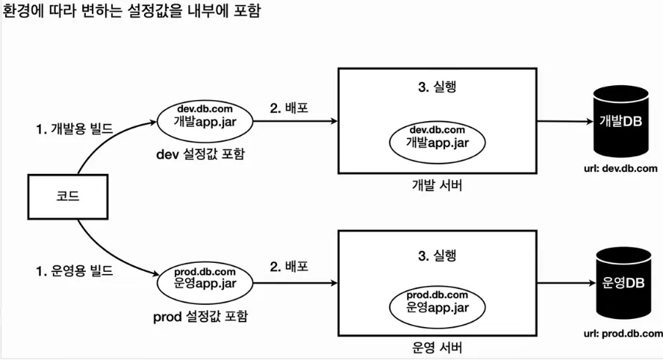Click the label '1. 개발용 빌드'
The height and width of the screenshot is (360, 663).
[x=75, y=129]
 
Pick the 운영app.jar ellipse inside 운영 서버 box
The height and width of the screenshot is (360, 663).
[x=437, y=300]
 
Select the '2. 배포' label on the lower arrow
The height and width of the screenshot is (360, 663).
[x=290, y=267]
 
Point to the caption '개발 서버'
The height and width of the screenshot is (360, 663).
[x=437, y=186]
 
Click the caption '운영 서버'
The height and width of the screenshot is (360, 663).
[x=437, y=347]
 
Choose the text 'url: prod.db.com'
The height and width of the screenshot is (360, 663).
[x=623, y=332]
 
